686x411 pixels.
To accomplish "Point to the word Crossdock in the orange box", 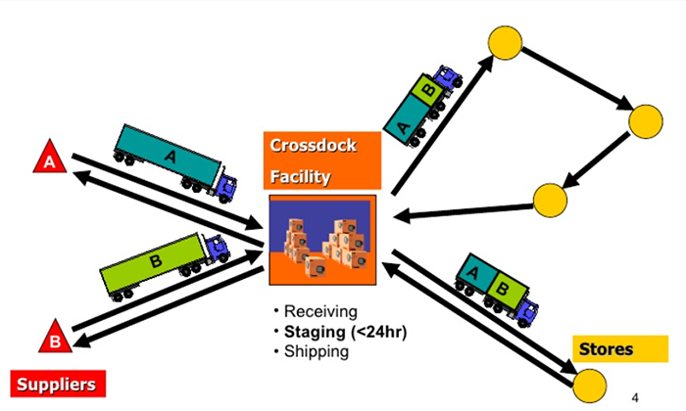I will click(313, 145).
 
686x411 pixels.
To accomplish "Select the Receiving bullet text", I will click(317, 312).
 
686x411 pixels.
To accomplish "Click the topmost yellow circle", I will click(506, 42).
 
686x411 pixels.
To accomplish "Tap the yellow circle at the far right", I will click(647, 121).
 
